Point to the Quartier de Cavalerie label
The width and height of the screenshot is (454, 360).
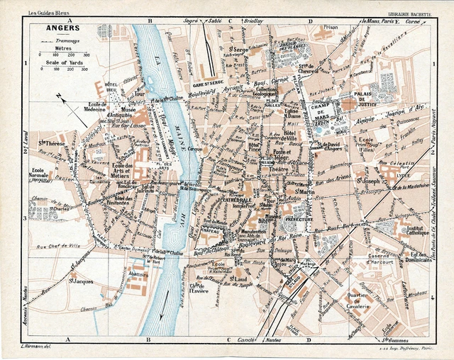coord(359,302)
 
